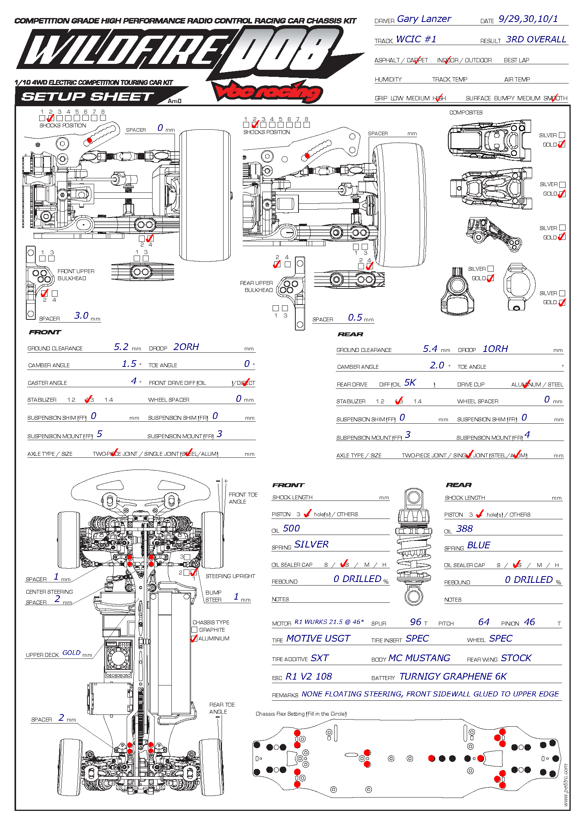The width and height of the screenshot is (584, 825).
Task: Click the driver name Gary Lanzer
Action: [x=424, y=19]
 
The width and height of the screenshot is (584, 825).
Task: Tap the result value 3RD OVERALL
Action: [x=536, y=39]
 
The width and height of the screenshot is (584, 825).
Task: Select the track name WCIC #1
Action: [x=416, y=39]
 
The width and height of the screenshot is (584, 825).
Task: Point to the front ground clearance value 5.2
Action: [x=121, y=347]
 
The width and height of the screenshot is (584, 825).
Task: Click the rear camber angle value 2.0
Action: [x=437, y=365]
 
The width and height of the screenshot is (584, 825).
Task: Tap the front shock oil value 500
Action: [x=291, y=528]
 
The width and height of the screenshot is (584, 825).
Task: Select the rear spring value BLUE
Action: [x=478, y=545]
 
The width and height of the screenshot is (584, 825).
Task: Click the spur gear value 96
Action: [x=416, y=622]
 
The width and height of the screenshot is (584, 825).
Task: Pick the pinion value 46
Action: [x=529, y=622]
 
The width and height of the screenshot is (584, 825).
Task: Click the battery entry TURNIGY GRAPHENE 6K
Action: [x=453, y=676]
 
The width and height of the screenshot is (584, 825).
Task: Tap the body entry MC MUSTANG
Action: [x=419, y=658]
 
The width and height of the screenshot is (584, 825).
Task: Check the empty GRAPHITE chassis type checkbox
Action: [x=195, y=630]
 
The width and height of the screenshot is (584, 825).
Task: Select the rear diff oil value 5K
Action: [x=410, y=383]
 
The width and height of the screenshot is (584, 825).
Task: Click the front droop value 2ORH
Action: [x=186, y=347]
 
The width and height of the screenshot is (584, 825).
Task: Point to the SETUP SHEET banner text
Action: [x=88, y=96]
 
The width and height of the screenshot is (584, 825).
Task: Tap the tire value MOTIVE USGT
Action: [x=318, y=638]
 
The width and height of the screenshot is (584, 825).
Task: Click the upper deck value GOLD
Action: [x=71, y=653]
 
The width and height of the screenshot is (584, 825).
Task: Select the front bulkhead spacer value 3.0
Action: [x=82, y=315]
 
